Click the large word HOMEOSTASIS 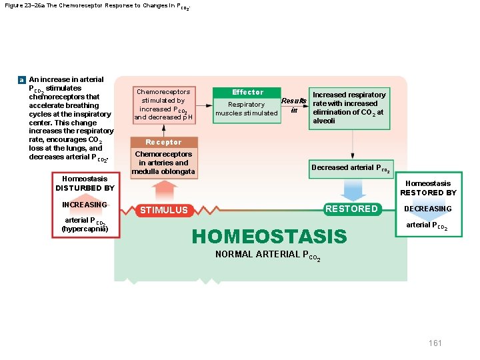(269, 236)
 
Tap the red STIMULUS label (163, 210)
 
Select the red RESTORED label (351, 209)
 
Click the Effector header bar (247, 92)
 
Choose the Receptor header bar (163, 142)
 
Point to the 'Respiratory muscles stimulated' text (247, 109)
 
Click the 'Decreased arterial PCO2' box (351, 168)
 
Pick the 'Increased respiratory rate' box (349, 107)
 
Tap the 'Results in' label (293, 105)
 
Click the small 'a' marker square (22, 79)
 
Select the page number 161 (435, 343)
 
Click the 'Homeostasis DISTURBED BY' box (85, 183)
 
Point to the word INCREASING (85, 205)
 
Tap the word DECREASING (428, 209)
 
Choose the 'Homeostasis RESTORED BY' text (428, 188)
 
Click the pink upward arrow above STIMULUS (163, 190)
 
